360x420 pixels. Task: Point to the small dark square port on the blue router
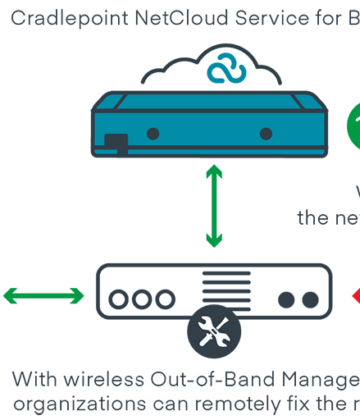[x=117, y=141]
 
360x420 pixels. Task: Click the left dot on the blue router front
[x=153, y=133]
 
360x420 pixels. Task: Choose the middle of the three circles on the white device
[x=140, y=299]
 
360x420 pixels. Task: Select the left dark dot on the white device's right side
[x=286, y=299]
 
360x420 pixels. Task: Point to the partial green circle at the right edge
[x=353, y=125]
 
